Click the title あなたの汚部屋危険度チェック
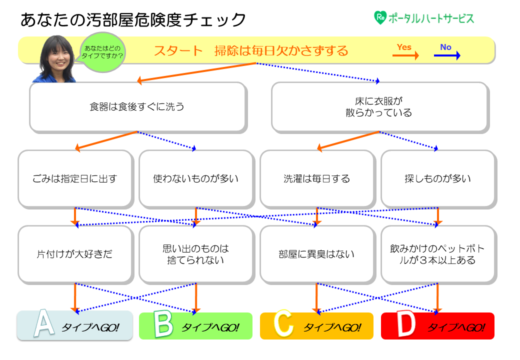coord(133,20)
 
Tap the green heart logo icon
coord(380,18)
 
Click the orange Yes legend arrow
coord(405,56)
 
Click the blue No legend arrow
coord(446,56)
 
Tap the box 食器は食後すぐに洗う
coord(137,107)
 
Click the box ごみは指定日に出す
coord(75,178)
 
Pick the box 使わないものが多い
coord(196,178)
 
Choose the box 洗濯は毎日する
coord(317,178)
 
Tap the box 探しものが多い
coord(438,178)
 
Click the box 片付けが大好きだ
coord(75,254)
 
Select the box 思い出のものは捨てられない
coord(196,254)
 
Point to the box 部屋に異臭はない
coord(317,254)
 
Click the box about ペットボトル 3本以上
coord(438,254)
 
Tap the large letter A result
coord(44,325)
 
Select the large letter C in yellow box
coord(284,326)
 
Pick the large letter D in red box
coord(405,326)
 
